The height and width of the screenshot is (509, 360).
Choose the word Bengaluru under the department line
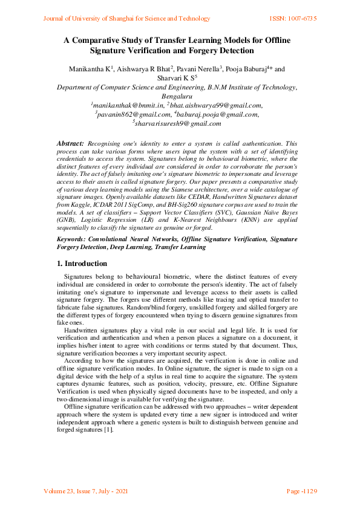tap(177, 96)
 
